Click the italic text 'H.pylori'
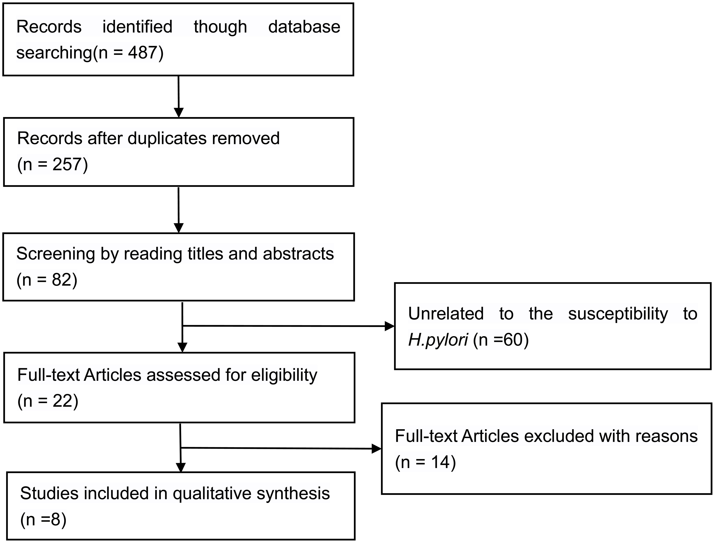[438, 340]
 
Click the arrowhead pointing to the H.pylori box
[390, 326]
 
